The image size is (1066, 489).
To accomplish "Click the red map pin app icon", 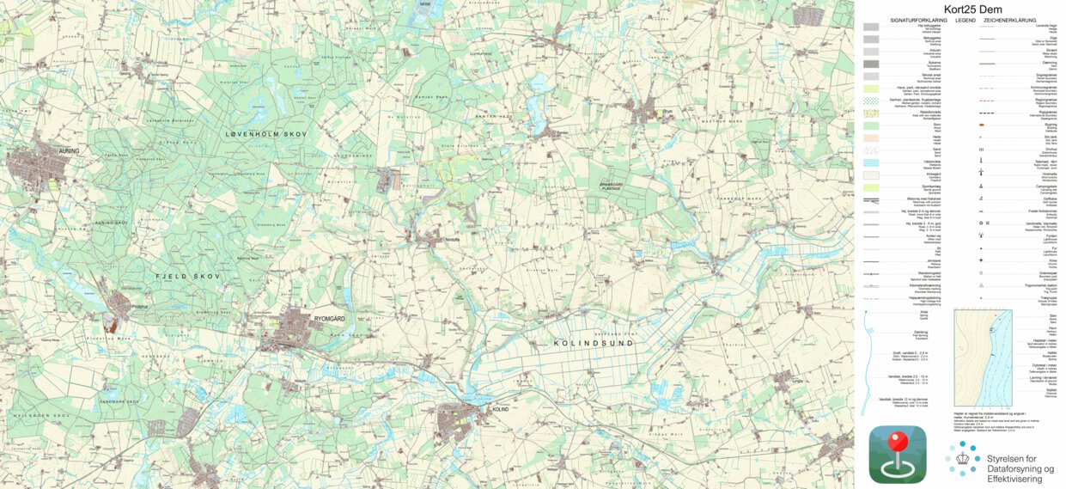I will click(x=898, y=454).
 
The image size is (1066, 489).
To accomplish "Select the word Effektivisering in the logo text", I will click(x=1021, y=479).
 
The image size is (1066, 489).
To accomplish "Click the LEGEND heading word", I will click(x=965, y=19).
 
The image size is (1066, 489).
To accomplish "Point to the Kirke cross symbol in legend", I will click(x=979, y=260).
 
